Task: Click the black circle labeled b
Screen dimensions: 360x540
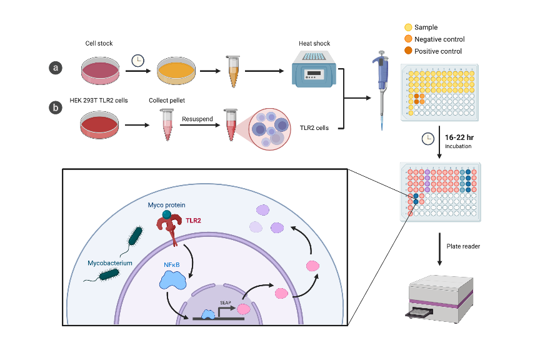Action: (x=56, y=108)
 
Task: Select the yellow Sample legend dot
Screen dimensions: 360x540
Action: (x=408, y=27)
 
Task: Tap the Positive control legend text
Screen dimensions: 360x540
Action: (x=439, y=51)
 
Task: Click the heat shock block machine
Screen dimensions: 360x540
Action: (x=314, y=70)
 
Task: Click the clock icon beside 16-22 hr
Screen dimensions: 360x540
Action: (x=428, y=139)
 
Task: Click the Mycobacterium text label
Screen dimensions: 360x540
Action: (x=110, y=264)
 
